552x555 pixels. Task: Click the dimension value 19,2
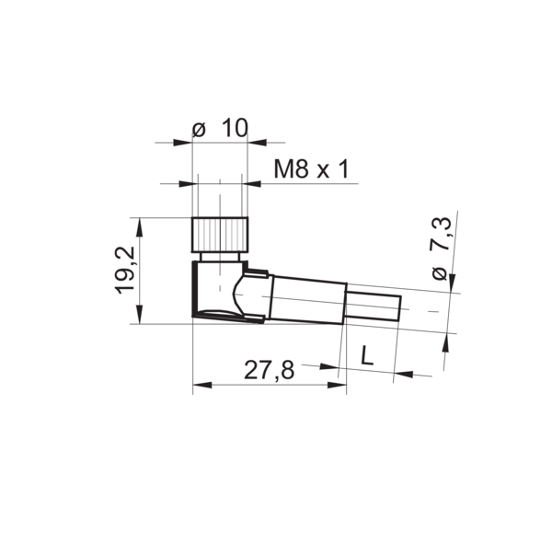click(125, 270)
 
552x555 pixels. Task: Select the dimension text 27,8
click(269, 371)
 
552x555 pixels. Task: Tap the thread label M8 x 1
click(311, 168)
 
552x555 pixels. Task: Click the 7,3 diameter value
click(441, 234)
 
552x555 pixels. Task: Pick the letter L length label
click(367, 355)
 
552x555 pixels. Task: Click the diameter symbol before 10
click(199, 130)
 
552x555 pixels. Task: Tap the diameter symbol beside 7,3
click(440, 273)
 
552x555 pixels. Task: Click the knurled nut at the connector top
click(220, 235)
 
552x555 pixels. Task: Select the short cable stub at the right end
click(373, 307)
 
